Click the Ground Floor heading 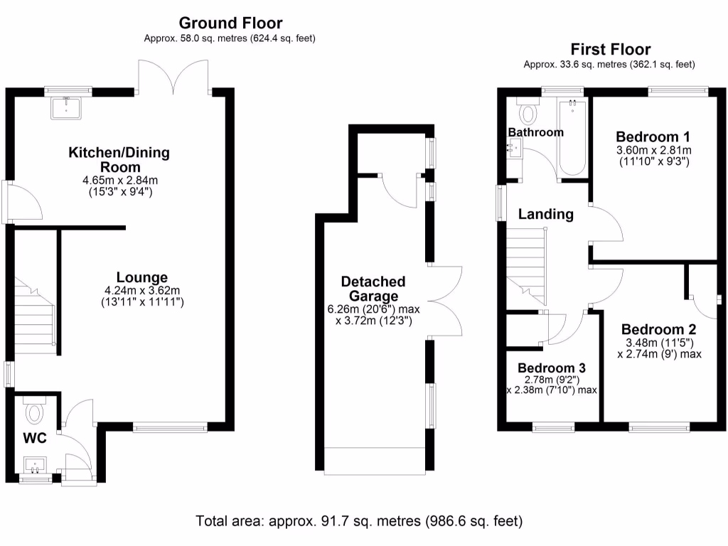230,24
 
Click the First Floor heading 610,49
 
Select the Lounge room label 143,277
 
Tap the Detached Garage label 373,289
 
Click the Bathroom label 535,132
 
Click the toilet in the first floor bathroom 528,112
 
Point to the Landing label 545,214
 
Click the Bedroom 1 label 653,136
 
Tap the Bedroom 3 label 552,368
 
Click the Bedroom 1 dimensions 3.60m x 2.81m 653,150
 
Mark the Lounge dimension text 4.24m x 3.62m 143,290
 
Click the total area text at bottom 359,521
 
